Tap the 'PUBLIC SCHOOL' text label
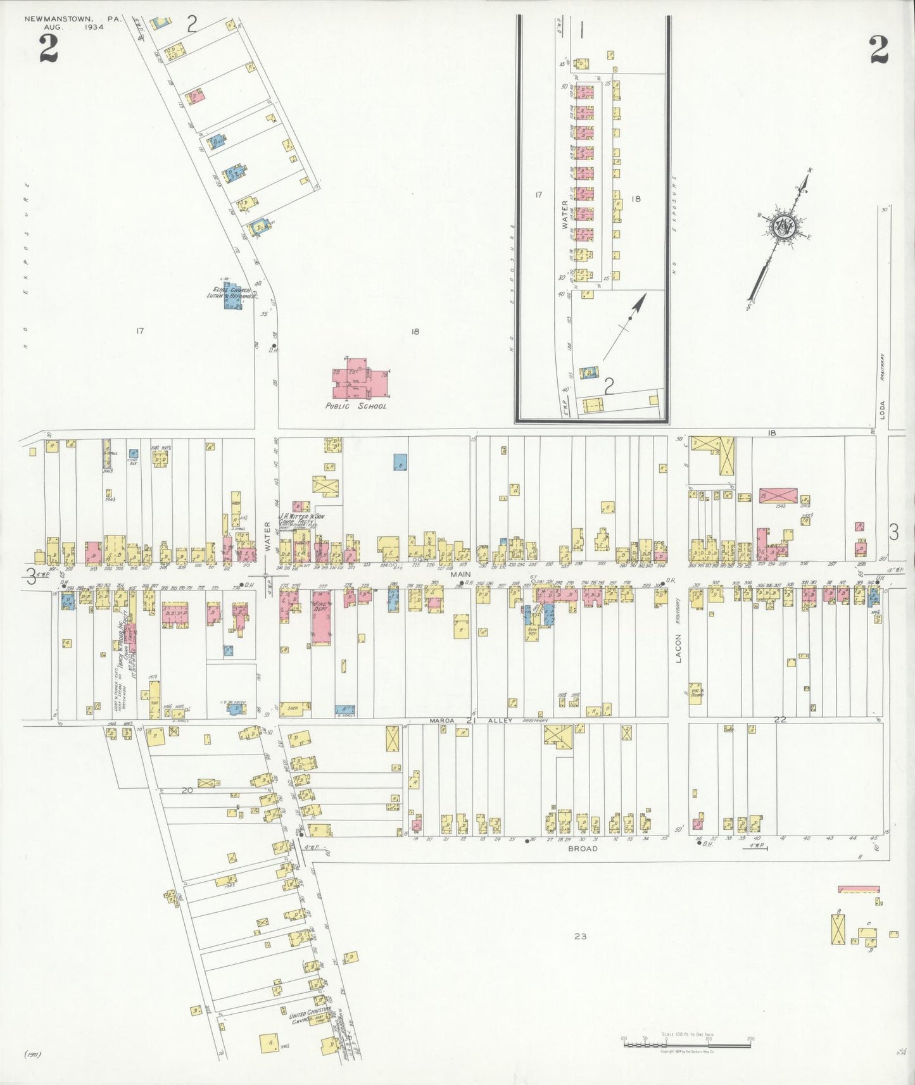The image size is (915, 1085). tap(355, 406)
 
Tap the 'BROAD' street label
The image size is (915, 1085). tap(582, 848)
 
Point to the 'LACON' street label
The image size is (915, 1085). tap(678, 648)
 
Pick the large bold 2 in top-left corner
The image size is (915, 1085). tap(48, 49)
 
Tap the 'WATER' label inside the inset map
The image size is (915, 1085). tap(565, 214)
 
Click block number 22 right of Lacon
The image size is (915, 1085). tap(780, 719)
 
